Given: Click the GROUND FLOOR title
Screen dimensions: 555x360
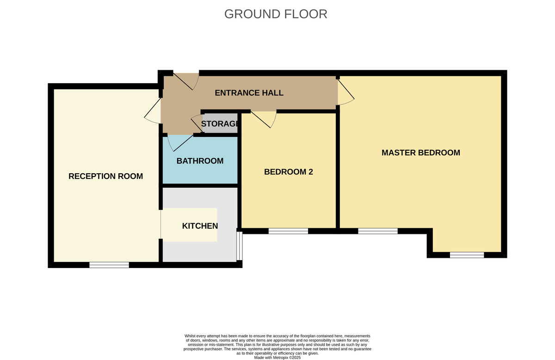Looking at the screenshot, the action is pos(276,14).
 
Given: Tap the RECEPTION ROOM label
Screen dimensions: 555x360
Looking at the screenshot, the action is pos(106,176).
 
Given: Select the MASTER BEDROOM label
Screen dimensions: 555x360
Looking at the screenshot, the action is pos(421,153).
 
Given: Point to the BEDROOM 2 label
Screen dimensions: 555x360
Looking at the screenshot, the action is pos(289,172).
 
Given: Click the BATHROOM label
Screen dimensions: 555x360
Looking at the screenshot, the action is pos(200,161).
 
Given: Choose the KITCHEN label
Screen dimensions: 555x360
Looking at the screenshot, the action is pos(200,226).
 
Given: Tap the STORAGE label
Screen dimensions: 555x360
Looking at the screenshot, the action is pos(220,123).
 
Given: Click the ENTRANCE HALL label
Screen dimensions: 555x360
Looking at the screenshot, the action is pos(249,93).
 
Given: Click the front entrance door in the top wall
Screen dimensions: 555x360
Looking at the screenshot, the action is pos(186,81).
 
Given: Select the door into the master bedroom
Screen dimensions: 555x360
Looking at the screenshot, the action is pos(346,92).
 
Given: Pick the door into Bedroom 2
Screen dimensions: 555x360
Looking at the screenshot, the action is pos(264,119).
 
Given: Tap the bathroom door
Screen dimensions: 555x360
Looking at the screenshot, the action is pos(180,143).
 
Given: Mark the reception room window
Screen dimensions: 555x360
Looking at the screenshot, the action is pos(109,265).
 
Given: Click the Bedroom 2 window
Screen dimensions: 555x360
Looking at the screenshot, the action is pos(289,231).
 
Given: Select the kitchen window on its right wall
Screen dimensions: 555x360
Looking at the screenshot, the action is pos(240,246).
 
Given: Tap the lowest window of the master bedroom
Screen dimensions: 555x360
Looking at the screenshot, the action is pos(467,255).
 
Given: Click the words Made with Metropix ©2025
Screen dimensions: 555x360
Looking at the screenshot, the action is pos(277,358).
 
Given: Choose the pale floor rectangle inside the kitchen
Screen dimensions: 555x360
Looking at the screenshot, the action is pos(189,225).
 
